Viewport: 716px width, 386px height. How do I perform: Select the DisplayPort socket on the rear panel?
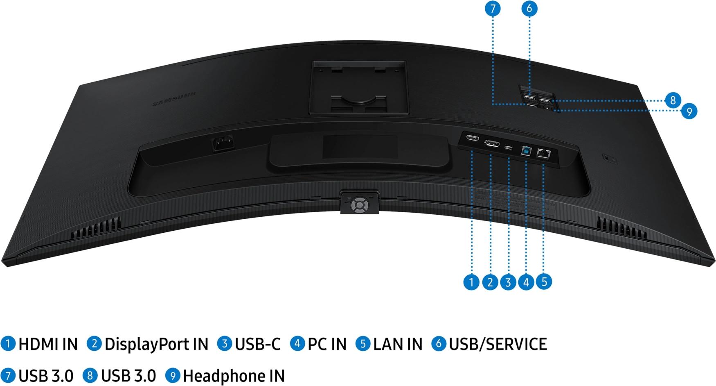point(491,143)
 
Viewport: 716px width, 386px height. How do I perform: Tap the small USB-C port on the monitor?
point(509,148)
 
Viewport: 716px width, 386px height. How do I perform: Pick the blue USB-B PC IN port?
point(526,151)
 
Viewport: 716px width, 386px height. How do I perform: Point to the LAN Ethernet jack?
point(544,154)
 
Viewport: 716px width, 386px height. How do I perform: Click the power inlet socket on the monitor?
point(222,143)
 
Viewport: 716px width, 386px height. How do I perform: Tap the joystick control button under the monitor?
point(359,204)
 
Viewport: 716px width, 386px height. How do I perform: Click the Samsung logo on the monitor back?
point(174,98)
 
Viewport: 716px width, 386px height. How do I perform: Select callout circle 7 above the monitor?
point(493,8)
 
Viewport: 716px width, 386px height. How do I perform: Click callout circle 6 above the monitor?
point(529,8)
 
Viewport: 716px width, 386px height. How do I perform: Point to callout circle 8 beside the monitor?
point(673,100)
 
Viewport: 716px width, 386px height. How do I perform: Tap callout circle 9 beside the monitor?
point(689,111)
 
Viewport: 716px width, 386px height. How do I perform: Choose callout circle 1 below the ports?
point(471,282)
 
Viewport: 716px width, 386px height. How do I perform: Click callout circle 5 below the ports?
point(544,282)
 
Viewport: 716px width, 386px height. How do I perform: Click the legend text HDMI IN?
point(48,344)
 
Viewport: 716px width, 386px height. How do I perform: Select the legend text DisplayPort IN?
point(156,344)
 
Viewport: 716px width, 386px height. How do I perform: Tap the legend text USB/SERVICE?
point(498,344)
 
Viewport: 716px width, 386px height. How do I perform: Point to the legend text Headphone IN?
point(234,376)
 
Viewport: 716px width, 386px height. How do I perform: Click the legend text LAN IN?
point(397,344)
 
